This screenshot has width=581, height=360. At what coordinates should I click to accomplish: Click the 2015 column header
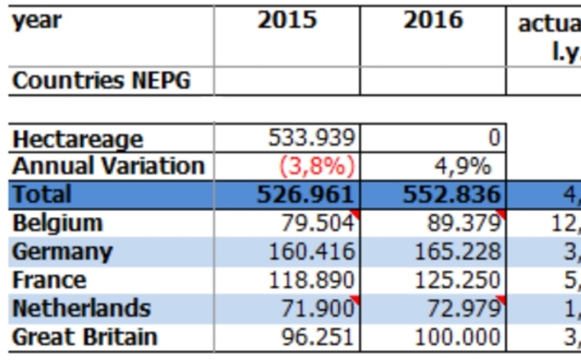pos(287,20)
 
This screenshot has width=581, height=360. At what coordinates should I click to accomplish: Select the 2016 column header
pos(433,20)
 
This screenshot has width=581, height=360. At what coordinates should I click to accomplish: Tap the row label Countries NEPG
pos(101,81)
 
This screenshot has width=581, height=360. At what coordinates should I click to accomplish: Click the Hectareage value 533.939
pos(312,139)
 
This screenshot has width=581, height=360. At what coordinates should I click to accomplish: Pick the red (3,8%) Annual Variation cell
pos(317,167)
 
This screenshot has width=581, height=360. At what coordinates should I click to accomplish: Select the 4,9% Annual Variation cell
pos(462,167)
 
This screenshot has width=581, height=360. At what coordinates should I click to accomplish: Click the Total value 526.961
pos(305,195)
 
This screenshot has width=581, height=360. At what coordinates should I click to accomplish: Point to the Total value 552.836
pos(451,195)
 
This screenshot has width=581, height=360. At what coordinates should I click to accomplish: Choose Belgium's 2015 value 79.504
pos(318,223)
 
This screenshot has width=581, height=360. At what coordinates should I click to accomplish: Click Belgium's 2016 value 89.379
pos(463,223)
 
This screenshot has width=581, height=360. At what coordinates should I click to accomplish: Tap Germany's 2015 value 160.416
pos(312,252)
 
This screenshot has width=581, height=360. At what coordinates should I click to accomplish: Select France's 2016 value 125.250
pos(457,280)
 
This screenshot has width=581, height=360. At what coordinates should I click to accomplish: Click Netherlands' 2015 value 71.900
pos(318,309)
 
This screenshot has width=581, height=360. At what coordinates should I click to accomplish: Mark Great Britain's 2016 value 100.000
pos(457,337)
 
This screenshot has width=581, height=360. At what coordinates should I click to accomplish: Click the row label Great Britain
pos(85,337)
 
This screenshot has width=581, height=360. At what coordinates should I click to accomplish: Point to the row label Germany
pos(62,252)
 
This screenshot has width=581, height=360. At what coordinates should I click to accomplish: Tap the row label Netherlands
pos(81,309)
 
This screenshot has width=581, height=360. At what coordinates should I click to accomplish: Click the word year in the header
pos(37,20)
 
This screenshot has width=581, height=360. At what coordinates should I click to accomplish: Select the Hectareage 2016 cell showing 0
pos(493,139)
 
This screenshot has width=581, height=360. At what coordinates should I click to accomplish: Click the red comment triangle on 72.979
pos(502,298)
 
